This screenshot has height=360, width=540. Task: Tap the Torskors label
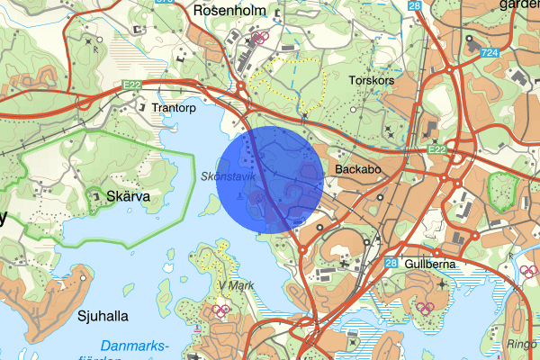[371, 80]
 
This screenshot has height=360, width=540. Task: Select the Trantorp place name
[174, 108]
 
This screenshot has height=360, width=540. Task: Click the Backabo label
[360, 168]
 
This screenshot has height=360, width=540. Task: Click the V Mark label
[235, 285]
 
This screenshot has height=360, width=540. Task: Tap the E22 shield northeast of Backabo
[436, 149]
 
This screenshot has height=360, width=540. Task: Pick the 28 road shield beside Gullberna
[391, 263]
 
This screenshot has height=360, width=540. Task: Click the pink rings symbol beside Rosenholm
[261, 38]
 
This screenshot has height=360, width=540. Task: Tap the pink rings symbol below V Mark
[220, 310]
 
